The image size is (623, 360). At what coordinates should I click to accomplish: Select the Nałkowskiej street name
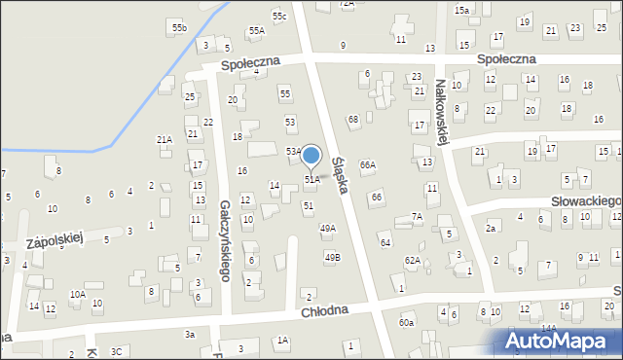click(442, 113)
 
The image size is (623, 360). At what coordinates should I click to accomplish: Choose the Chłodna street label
click(324, 311)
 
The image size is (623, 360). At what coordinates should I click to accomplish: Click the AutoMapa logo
click(562, 341)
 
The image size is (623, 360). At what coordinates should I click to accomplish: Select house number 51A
click(311, 180)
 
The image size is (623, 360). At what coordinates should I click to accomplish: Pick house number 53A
click(293, 152)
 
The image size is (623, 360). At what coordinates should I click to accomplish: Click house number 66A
click(367, 165)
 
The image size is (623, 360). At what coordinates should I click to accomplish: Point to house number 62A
click(413, 261)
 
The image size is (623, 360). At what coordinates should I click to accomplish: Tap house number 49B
click(332, 257)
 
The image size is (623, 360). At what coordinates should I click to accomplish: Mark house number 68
click(353, 119)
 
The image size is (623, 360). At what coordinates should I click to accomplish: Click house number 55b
click(179, 28)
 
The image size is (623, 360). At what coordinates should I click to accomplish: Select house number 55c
click(279, 17)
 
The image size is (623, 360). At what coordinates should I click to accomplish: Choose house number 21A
click(164, 140)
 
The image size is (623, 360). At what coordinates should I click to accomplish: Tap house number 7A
click(417, 216)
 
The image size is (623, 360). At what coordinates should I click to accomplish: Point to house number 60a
click(406, 322)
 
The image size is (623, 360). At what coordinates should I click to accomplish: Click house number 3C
click(117, 351)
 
